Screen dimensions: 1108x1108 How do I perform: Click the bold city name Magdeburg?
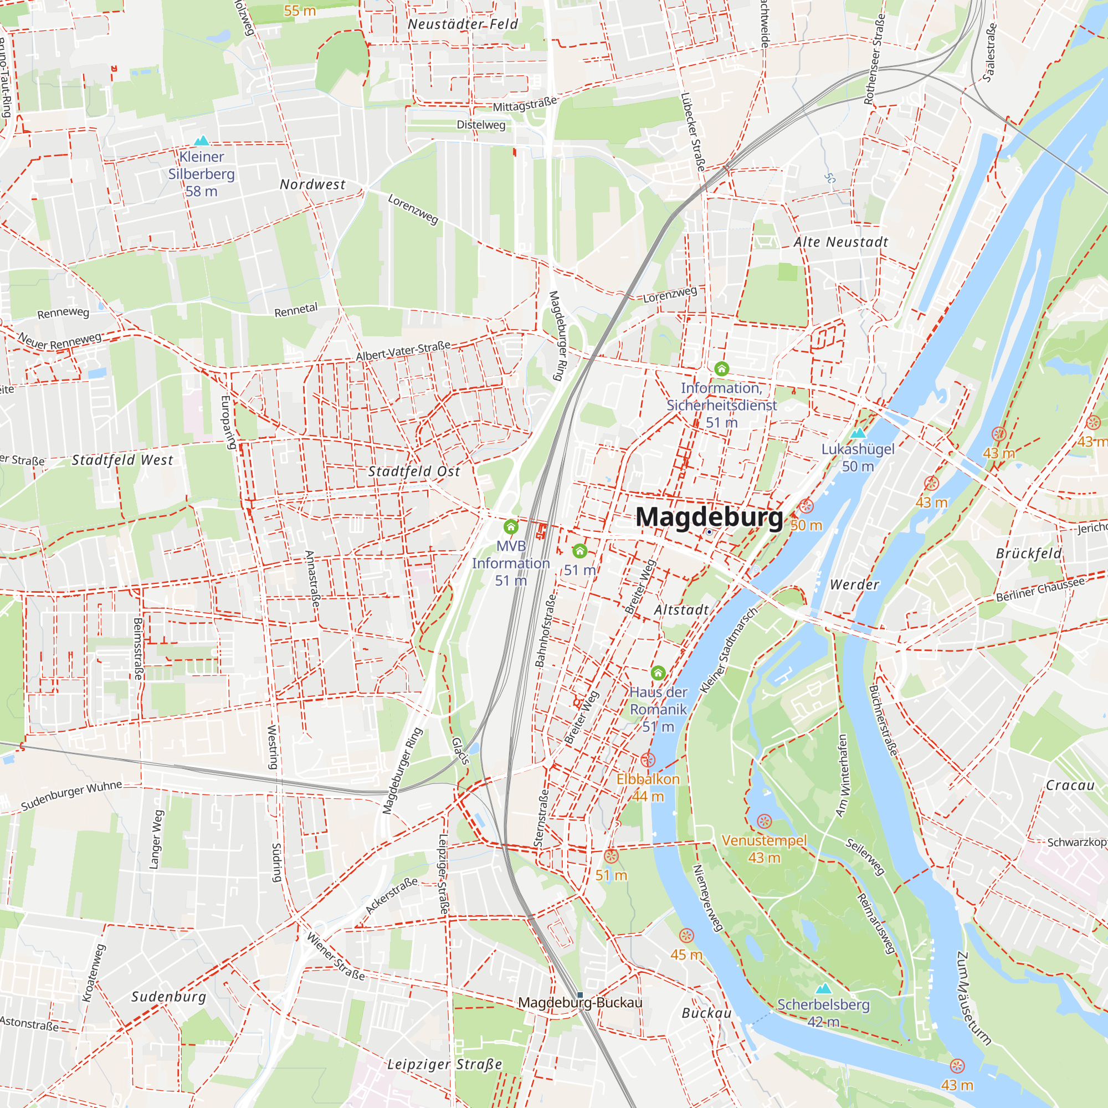pyautogui.click(x=709, y=517)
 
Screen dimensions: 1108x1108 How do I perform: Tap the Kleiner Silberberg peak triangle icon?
pyautogui.click(x=201, y=141)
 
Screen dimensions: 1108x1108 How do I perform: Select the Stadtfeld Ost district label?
pyautogui.click(x=413, y=471)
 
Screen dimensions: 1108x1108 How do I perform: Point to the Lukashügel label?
pyautogui.click(x=858, y=449)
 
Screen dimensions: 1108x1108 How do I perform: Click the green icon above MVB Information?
pyautogui.click(x=510, y=526)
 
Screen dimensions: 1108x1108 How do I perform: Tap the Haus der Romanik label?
pyautogui.click(x=658, y=701)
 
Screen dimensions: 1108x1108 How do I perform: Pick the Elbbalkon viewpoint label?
pyautogui.click(x=648, y=779)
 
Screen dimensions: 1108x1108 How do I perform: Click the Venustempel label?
pyautogui.click(x=763, y=840)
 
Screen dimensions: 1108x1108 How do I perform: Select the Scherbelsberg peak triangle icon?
pyautogui.click(x=823, y=988)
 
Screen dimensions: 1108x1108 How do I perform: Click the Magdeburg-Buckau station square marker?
pyautogui.click(x=580, y=995)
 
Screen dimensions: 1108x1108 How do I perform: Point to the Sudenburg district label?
pyautogui.click(x=168, y=997)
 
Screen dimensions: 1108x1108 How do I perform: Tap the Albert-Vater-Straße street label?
pyautogui.click(x=403, y=351)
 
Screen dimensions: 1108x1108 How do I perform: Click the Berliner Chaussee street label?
pyautogui.click(x=1040, y=589)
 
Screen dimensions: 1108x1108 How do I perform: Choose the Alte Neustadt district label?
pyautogui.click(x=841, y=243)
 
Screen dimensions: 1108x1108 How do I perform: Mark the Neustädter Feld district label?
pyautogui.click(x=462, y=24)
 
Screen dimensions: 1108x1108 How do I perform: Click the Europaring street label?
pyautogui.click(x=228, y=422)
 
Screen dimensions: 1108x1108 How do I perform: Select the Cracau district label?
pyautogui.click(x=1070, y=785)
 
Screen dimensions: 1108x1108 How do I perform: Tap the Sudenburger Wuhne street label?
pyautogui.click(x=71, y=796)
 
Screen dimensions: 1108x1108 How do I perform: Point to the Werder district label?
pyautogui.click(x=854, y=584)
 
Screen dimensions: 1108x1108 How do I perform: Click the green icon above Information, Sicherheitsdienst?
pyautogui.click(x=721, y=368)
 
